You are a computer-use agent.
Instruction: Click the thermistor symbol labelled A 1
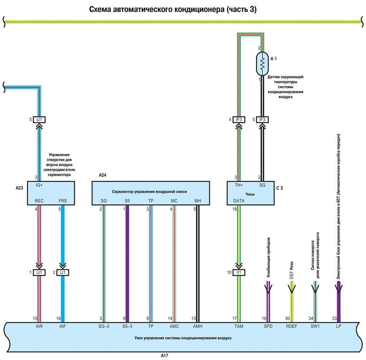(x=262, y=64)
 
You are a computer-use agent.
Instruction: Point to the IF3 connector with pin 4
(x=239, y=119)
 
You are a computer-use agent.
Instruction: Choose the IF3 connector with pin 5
(x=263, y=119)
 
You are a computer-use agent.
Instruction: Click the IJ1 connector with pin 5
(x=39, y=119)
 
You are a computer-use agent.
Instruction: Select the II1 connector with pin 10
(x=239, y=272)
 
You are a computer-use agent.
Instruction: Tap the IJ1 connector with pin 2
(x=63, y=272)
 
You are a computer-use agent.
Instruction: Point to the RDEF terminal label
(x=291, y=325)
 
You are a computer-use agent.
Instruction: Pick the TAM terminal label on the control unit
(x=239, y=325)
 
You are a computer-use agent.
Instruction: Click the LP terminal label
(x=338, y=325)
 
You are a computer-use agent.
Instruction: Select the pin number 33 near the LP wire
(x=334, y=318)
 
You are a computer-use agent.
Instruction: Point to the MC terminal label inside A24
(x=174, y=201)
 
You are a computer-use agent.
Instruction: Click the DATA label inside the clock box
(x=239, y=201)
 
